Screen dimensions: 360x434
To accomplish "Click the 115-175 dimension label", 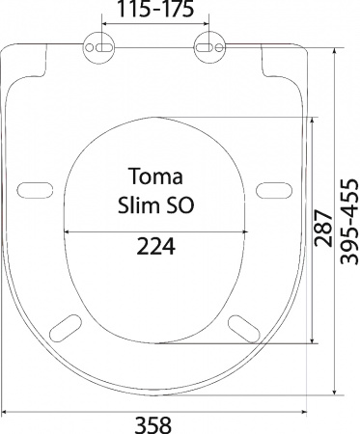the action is pyautogui.click(x=155, y=9).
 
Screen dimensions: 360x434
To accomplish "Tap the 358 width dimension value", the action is pyautogui.click(x=152, y=425).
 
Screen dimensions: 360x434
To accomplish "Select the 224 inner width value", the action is pyautogui.click(x=156, y=247).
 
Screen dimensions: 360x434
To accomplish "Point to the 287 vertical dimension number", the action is pyautogui.click(x=323, y=229).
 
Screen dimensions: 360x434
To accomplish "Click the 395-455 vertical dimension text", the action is pyautogui.click(x=349, y=222).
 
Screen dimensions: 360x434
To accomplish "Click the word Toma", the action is pyautogui.click(x=156, y=176).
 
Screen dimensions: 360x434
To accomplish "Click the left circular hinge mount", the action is pyautogui.click(x=99, y=48).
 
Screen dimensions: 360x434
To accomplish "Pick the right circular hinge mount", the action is pyautogui.click(x=209, y=48).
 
